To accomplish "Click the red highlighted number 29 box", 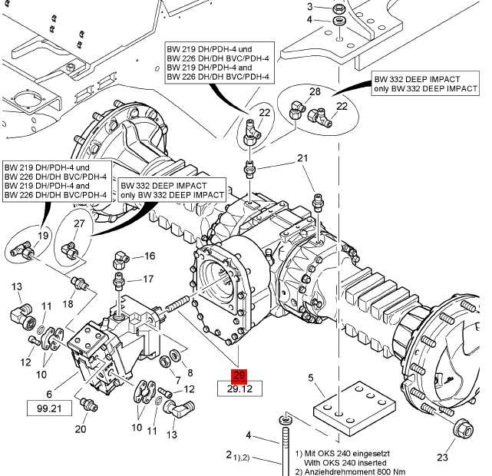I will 239,375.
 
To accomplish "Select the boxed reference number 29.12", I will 239,389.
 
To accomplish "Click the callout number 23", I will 442,458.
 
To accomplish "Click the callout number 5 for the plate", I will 311,378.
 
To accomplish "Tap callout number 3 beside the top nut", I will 310,7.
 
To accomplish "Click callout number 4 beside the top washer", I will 310,19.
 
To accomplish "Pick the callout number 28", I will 315,92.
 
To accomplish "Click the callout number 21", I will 302,158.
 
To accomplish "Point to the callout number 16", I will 149,256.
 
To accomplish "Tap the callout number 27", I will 79,223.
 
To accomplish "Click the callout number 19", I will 43,236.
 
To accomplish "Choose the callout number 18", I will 68,304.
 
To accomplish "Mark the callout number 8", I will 190,373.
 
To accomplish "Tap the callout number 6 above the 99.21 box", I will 49,393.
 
